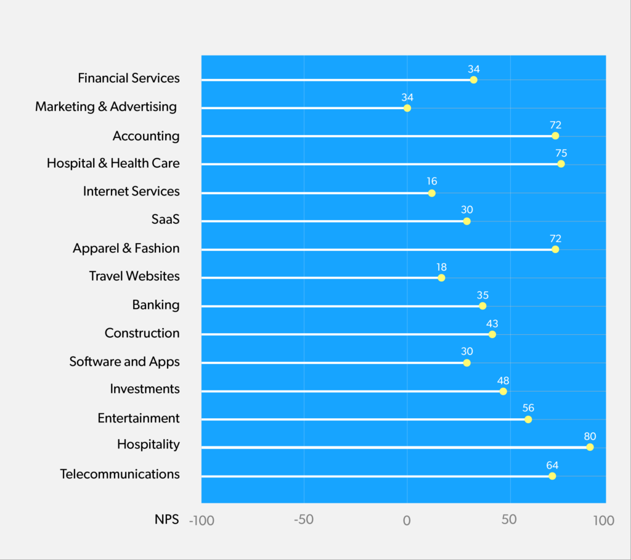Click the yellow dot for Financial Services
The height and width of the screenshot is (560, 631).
coord(473,80)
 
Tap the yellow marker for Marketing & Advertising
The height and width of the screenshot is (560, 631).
coord(407,108)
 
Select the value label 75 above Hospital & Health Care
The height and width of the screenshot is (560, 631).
coord(561,153)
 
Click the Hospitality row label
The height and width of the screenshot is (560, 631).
coord(149,444)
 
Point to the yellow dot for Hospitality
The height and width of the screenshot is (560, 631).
coord(590,447)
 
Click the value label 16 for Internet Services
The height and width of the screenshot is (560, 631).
coord(432,182)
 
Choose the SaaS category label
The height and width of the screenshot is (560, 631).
coord(165,220)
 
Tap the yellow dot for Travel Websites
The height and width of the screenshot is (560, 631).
coord(441,278)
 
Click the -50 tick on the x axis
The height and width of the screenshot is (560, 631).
coord(303,519)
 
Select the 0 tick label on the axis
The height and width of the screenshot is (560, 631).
coord(407,519)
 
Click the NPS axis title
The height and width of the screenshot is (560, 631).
coord(166,519)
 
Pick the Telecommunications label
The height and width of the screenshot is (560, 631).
coord(120,474)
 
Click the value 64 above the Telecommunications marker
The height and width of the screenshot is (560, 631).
coord(553,465)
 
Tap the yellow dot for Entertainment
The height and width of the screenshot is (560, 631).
coord(528,419)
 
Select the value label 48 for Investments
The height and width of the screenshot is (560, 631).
coord(503,381)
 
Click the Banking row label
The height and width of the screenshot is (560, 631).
coord(156,305)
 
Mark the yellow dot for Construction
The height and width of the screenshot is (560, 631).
coord(492,334)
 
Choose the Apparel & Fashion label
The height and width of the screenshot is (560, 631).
coord(126,249)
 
